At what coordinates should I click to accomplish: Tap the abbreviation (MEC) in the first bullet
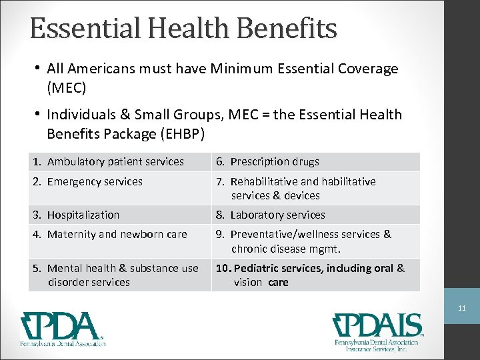67,87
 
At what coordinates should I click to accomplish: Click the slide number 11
462,309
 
